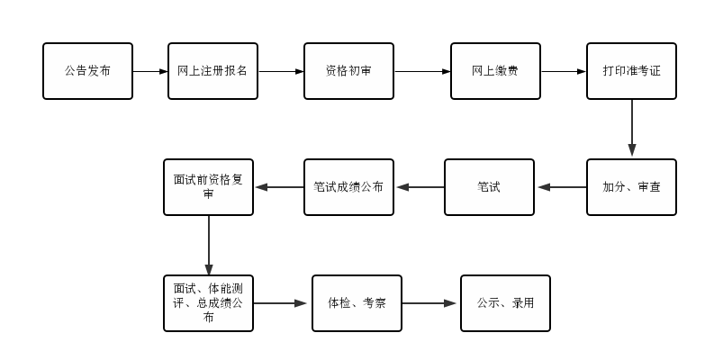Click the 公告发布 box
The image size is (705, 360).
87,71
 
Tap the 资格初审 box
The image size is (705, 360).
348,71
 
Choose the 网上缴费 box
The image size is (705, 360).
495,71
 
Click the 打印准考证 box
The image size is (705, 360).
631,71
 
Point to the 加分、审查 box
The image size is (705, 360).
631,187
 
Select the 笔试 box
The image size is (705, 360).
489,187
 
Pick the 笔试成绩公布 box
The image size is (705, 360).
348,187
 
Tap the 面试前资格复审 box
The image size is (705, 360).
208,187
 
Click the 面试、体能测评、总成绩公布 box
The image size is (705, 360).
208,303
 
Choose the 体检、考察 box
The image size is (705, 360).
357,303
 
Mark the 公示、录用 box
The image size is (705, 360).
505,303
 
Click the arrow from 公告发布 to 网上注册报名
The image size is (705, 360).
150,71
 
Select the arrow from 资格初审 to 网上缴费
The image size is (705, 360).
422,71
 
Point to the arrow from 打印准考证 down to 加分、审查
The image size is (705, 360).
632,129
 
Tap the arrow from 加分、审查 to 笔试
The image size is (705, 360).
561,187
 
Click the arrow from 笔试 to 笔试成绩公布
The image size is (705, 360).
420,187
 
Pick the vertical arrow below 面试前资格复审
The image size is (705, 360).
209,245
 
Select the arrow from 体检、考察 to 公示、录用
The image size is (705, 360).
430,303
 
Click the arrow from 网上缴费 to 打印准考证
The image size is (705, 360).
564,71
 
